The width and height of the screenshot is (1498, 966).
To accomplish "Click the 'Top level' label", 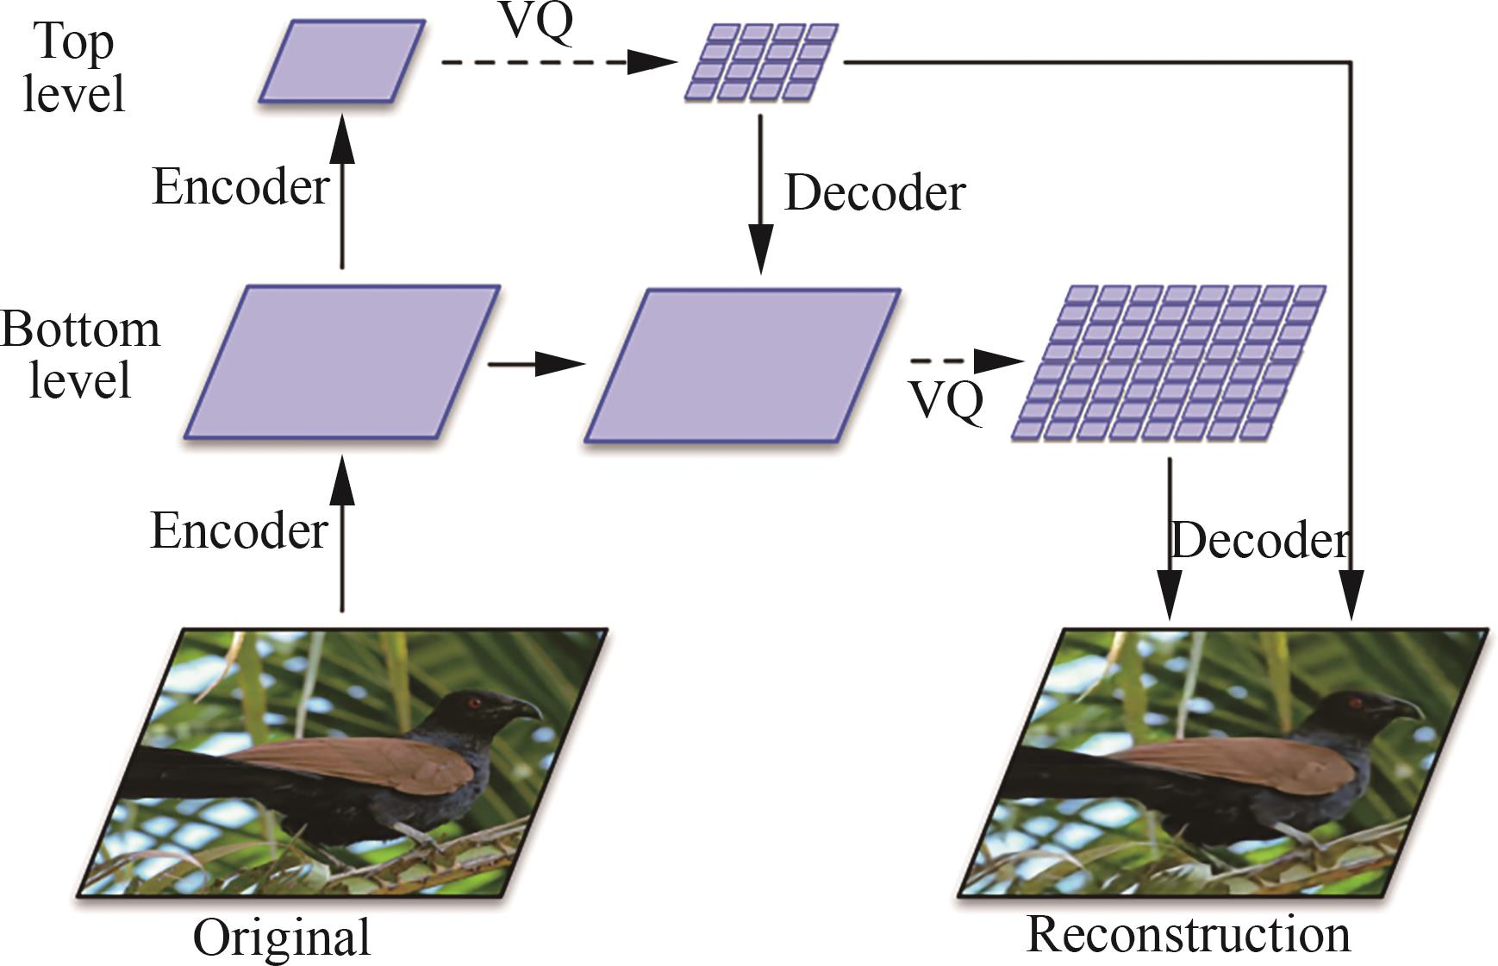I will [x=73, y=67].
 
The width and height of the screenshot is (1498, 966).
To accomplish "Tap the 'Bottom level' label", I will [x=80, y=354].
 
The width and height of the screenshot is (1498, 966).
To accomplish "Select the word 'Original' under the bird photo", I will [x=281, y=938].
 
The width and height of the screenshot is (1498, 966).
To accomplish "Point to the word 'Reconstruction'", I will [x=1189, y=934].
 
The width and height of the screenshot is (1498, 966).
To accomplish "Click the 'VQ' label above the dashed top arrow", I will [x=536, y=22].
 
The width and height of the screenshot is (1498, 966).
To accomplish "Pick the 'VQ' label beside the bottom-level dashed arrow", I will [x=946, y=400].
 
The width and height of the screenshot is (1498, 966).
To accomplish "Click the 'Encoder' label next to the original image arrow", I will [x=239, y=530].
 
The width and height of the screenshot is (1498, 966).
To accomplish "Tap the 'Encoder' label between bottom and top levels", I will [x=240, y=186].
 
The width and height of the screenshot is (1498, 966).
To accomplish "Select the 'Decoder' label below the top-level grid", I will [x=874, y=193].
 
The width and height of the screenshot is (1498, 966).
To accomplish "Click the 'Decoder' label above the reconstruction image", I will [x=1259, y=541].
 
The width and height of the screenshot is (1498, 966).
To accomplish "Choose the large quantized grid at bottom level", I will [x=1168, y=362].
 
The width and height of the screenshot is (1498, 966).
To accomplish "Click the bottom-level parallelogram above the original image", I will [x=341, y=362].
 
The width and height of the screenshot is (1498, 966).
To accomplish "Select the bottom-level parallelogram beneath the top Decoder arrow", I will [x=742, y=366].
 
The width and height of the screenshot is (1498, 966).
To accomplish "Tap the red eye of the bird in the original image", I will [x=474, y=703].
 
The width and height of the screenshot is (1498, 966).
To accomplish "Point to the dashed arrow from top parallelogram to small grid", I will [x=559, y=62].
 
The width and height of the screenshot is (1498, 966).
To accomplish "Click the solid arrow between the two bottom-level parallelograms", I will [x=536, y=364].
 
